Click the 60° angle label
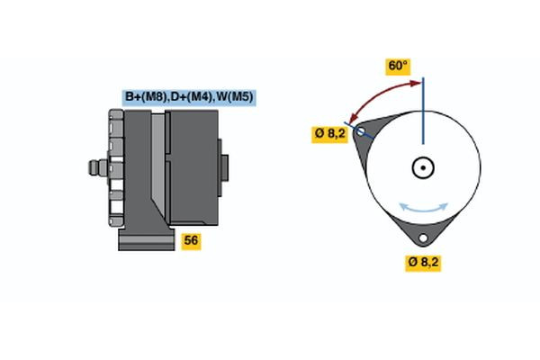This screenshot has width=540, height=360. pyautogui.click(x=398, y=66)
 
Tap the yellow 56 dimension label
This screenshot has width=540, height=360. pyautogui.click(x=191, y=240)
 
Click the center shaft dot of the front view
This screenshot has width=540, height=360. pyautogui.click(x=422, y=167)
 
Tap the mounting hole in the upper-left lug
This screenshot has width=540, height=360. pyautogui.click(x=362, y=132)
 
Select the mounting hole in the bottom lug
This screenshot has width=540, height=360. pyautogui.click(x=421, y=238)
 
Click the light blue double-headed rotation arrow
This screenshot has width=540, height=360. pyautogui.click(x=422, y=208)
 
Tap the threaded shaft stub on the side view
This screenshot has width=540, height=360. pyautogui.click(x=94, y=168)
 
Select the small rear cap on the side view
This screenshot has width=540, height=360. pyautogui.click(x=222, y=167)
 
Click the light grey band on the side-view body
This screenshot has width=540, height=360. pyautogui.click(x=158, y=166)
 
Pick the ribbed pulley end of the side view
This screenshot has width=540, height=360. pyautogui.click(x=114, y=168)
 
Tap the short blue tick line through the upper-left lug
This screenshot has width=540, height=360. pyautogui.click(x=362, y=131)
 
